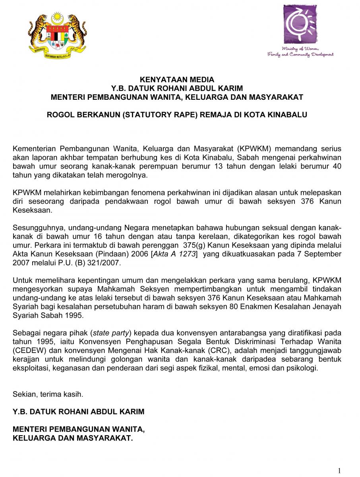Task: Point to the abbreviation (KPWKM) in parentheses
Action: (255, 149)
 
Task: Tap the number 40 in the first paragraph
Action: (337, 166)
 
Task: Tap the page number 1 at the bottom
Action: (339, 471)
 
